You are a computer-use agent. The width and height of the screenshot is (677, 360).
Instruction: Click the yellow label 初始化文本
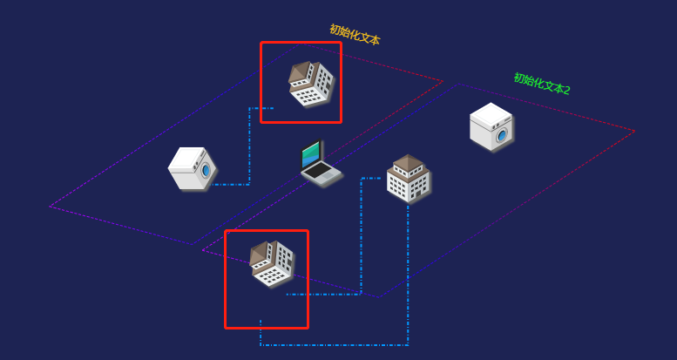tap(355, 35)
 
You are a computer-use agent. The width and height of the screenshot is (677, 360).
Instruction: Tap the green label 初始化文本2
tap(542, 84)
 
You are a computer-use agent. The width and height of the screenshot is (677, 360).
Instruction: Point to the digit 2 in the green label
tap(566, 90)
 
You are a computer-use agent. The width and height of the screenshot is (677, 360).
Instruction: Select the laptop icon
tap(321, 163)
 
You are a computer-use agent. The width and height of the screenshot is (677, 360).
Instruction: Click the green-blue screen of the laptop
tap(312, 155)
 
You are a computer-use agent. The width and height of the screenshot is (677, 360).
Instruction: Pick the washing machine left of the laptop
tap(193, 168)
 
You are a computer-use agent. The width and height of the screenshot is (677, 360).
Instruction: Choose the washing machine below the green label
tap(491, 126)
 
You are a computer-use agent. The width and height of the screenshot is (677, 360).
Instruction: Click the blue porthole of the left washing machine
tap(206, 170)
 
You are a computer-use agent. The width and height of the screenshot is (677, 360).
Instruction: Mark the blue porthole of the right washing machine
tap(502, 135)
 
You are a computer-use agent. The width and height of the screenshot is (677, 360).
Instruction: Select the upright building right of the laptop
tap(408, 178)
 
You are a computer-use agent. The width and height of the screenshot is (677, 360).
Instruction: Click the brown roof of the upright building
tap(408, 162)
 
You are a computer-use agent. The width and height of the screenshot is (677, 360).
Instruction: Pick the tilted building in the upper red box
tap(311, 84)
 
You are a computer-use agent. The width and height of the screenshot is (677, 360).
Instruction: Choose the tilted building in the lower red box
tap(272, 263)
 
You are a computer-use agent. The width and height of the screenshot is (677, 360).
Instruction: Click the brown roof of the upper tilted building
tap(300, 73)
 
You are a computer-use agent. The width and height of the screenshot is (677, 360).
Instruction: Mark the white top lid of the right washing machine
tap(491, 113)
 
